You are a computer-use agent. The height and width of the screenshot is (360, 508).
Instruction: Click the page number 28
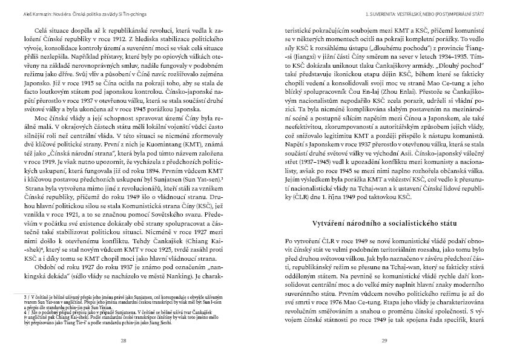coord(124,341)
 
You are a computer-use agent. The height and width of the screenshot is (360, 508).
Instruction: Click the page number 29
coord(384,341)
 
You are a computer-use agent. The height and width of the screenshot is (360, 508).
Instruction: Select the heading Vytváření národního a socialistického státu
coord(384,223)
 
